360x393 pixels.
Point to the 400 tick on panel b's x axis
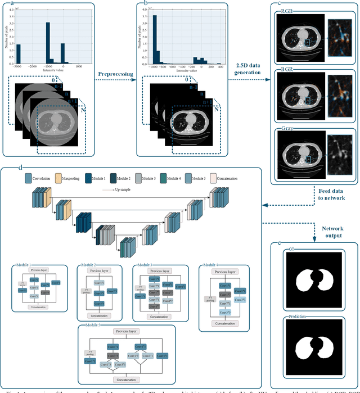(219, 66)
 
